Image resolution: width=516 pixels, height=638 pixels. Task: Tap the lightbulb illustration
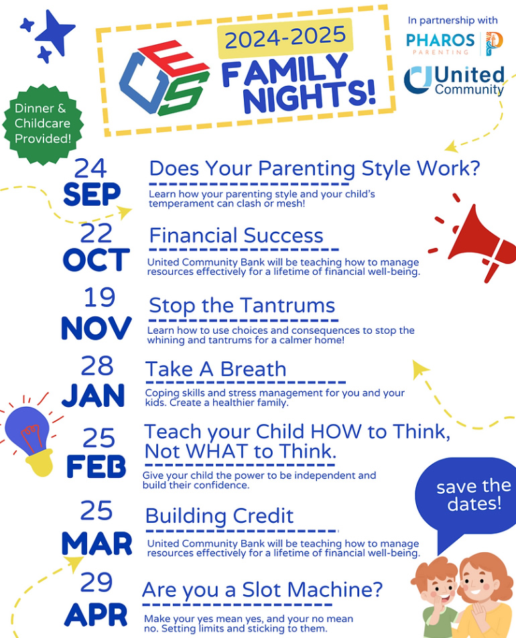click(30, 440)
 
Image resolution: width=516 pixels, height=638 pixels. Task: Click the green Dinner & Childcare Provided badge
click(42, 124)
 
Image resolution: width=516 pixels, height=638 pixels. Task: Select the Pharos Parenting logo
click(454, 44)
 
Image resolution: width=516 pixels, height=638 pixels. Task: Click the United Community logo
click(454, 80)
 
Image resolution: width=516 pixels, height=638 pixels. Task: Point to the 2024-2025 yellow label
click(285, 38)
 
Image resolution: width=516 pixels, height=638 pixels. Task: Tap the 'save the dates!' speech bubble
click(468, 499)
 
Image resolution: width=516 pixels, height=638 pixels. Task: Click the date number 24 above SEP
click(90, 168)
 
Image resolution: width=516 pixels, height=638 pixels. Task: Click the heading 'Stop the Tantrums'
click(242, 306)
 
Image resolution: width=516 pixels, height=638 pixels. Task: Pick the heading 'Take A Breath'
click(216, 369)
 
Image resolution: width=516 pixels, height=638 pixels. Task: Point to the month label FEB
click(96, 466)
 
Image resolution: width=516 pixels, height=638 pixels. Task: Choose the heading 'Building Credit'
click(219, 516)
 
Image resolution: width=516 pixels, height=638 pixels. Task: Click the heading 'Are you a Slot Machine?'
click(263, 590)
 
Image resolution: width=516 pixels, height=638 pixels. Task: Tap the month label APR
click(96, 615)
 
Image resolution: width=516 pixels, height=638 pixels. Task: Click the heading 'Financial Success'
click(236, 236)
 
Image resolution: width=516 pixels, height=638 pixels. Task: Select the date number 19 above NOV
click(100, 298)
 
